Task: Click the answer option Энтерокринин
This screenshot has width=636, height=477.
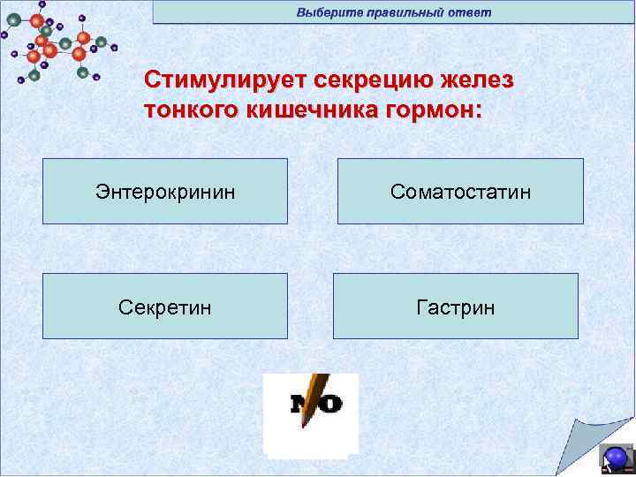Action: click(x=165, y=192)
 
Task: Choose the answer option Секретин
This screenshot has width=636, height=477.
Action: click(x=165, y=307)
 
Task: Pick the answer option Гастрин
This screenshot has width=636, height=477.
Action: click(x=455, y=307)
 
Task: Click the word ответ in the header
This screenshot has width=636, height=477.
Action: click(x=469, y=12)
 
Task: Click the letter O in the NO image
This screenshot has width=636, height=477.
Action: click(x=330, y=405)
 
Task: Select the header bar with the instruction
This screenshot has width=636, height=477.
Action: click(x=393, y=12)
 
